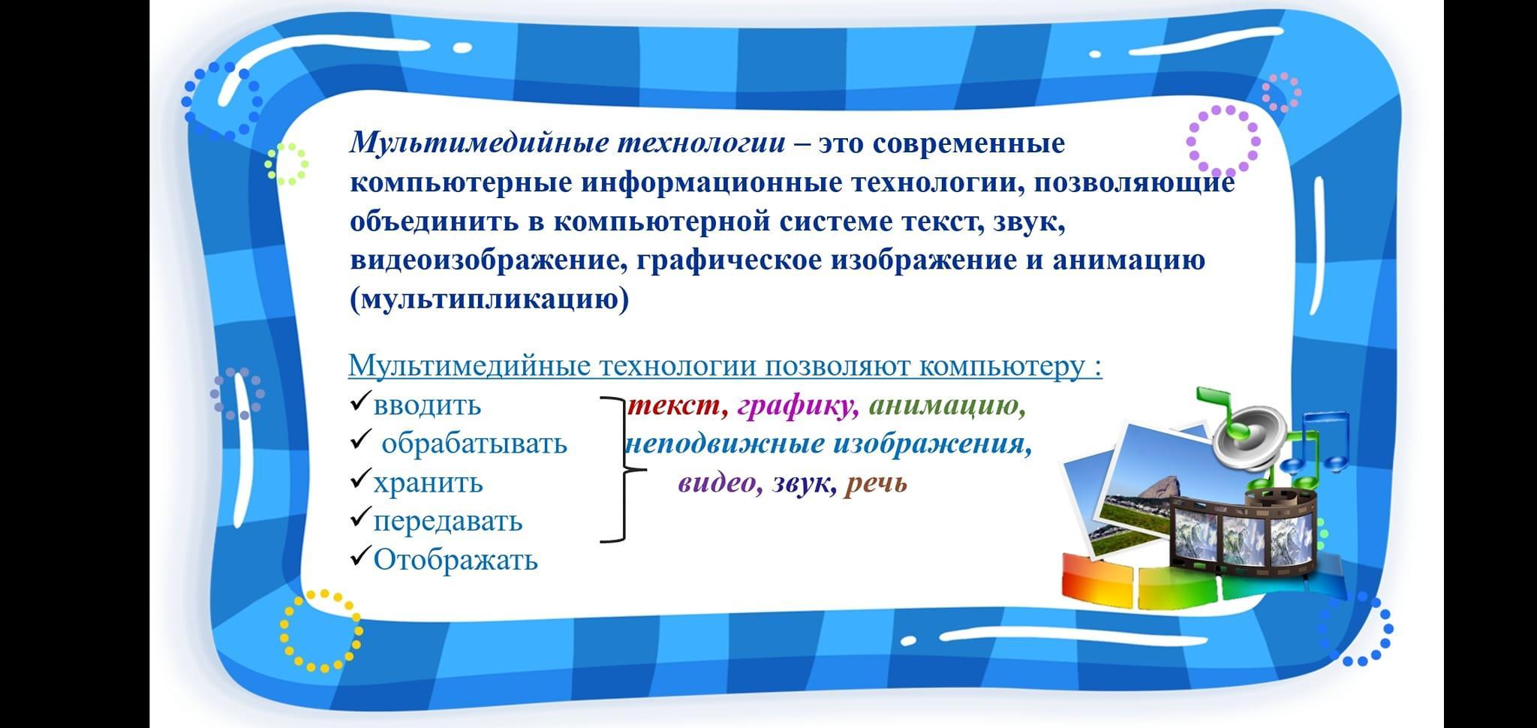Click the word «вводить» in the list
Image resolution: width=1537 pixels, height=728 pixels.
[x=427, y=405]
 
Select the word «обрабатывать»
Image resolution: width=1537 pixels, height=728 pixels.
[x=474, y=444]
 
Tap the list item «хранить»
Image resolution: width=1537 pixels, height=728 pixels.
[x=428, y=483]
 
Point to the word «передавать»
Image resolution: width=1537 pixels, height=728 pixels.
[x=447, y=521]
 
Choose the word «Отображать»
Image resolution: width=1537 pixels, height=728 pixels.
[x=456, y=560]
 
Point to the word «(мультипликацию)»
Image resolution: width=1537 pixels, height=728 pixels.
[x=489, y=300]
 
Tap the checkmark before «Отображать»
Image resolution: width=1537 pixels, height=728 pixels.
[x=359, y=556]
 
